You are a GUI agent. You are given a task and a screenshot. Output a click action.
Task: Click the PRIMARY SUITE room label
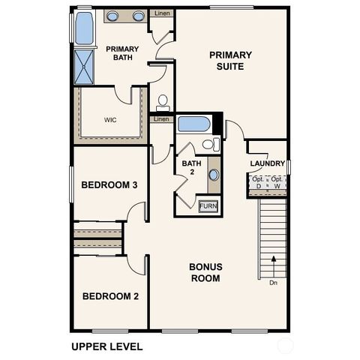coord(230,60)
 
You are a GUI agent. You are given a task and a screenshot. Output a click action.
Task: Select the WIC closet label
coord(109,119)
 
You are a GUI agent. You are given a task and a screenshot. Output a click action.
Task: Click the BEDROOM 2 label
coord(110,296)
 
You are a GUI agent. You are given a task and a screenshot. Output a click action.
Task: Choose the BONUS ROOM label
coord(205,272)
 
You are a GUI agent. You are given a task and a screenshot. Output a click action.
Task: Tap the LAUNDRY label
coord(267,163)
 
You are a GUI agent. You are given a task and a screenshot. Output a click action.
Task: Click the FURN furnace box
coord(208,206)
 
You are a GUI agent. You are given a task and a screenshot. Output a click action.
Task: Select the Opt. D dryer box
coord(258,182)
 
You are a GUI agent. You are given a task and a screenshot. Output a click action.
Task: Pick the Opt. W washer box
coord(277,182)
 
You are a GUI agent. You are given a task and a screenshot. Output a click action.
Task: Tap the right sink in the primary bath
coord(139,16)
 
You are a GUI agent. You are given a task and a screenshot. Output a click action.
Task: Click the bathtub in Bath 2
coord(194,124)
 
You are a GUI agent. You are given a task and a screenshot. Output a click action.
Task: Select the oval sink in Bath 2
coord(214,175)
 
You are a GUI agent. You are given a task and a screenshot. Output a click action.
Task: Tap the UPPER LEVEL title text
coord(106,346)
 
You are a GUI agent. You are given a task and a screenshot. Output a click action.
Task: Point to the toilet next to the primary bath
coord(163,100)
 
